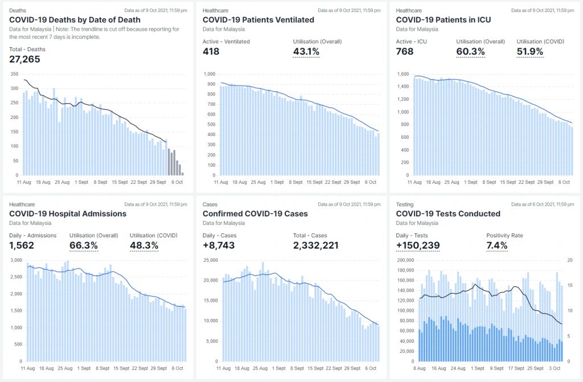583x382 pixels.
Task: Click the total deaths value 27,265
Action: [25, 59]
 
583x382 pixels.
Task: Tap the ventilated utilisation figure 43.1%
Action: [306, 52]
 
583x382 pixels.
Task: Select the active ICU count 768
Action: [405, 52]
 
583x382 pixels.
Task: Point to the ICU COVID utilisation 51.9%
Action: [530, 52]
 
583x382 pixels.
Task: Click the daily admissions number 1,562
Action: [22, 246]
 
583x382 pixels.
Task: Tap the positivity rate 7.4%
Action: [497, 246]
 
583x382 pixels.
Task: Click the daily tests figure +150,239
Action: [418, 246]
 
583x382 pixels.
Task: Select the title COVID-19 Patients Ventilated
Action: [258, 20]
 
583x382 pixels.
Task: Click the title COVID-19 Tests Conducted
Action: [448, 214]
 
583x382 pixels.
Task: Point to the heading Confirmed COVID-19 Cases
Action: [255, 214]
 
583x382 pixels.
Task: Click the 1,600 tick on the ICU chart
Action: [403, 74]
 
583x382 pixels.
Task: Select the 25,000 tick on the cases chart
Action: [211, 260]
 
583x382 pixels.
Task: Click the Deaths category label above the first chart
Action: [17, 10]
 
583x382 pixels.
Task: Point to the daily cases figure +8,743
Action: [219, 246]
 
